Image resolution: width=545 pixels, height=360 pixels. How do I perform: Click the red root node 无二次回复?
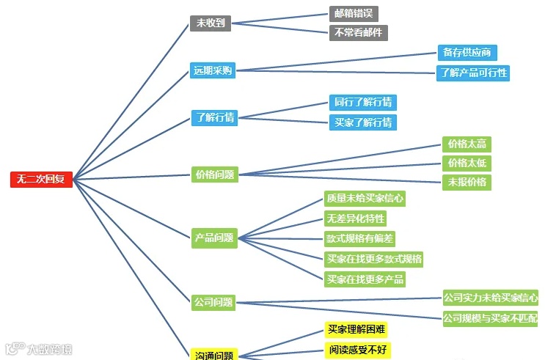point(41,179)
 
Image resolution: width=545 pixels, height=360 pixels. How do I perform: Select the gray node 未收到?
point(210,23)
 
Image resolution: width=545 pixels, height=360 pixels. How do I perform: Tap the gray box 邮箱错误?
point(354,14)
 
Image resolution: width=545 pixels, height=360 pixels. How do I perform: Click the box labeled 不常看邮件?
point(358,32)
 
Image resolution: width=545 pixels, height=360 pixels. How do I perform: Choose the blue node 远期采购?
point(213,70)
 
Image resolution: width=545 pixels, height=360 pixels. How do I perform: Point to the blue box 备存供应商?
point(467,53)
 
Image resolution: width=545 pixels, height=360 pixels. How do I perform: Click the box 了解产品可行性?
point(472,73)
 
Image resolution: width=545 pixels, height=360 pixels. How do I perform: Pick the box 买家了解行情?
point(362,122)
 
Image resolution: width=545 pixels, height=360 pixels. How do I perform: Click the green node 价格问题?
point(214,175)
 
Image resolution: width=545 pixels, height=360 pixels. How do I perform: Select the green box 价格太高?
point(467,144)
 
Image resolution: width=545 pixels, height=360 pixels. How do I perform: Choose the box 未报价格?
point(467,182)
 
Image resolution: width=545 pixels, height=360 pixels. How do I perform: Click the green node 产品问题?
point(214,238)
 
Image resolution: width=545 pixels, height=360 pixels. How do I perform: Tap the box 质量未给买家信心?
point(365,198)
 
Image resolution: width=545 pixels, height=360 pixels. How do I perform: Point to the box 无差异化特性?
point(355,218)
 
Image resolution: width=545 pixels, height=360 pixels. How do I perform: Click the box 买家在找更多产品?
point(365,279)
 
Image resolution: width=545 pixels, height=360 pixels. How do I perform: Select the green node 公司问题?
point(213,301)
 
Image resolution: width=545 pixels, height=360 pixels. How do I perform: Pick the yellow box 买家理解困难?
point(356,330)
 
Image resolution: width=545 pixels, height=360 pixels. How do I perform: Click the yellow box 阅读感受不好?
point(356,350)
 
